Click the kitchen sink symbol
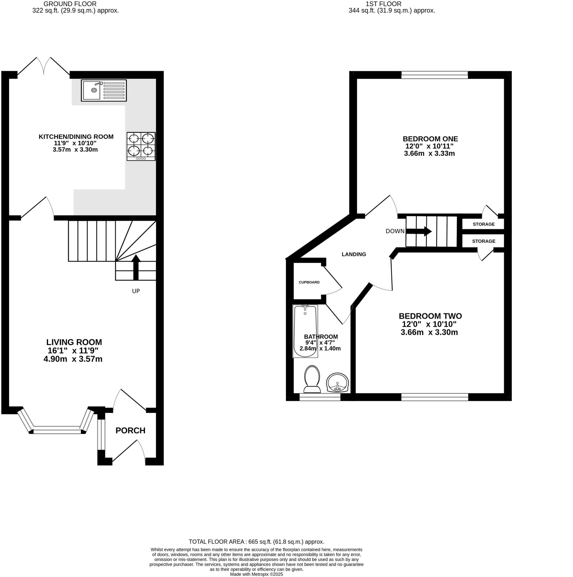[x=103, y=90]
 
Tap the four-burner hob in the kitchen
[x=141, y=146]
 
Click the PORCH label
[x=130, y=430]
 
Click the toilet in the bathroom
[x=312, y=379]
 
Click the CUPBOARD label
[x=309, y=282]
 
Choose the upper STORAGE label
[x=483, y=224]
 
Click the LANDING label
[x=354, y=254]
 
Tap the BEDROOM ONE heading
[x=430, y=139]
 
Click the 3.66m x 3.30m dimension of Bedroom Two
[x=429, y=332]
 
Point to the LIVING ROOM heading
[x=74, y=342]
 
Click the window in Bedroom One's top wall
[x=434, y=75]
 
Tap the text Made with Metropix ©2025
[x=256, y=574]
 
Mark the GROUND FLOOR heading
[x=70, y=4]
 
